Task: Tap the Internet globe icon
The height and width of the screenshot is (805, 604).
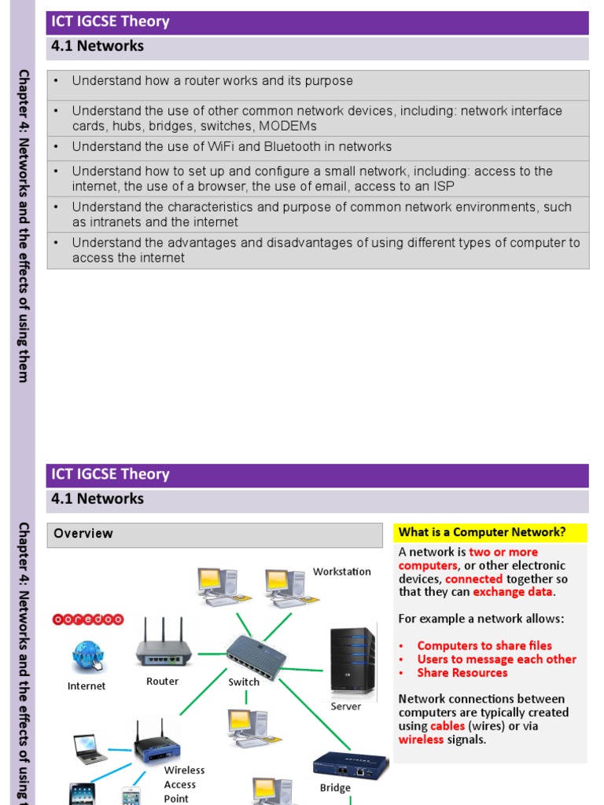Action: pos(87,656)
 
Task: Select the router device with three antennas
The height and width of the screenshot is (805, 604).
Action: pos(164,645)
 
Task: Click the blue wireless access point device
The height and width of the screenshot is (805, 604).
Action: pos(157,743)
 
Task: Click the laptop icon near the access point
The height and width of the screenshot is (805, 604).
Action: pos(90,748)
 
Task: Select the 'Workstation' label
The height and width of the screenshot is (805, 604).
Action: pos(342,572)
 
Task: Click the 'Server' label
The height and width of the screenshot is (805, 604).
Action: pos(345,706)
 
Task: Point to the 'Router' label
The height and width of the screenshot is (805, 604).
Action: pos(162,682)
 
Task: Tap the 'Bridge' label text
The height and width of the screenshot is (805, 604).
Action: pos(335,788)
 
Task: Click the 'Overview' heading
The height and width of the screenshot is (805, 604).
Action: pos(83,534)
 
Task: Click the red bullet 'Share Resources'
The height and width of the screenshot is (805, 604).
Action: pos(462,673)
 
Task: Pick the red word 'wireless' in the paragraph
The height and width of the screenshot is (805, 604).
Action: pos(421,740)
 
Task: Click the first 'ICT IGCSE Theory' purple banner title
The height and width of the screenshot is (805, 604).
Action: pos(110,22)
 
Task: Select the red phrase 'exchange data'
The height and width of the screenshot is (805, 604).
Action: pos(514,592)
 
